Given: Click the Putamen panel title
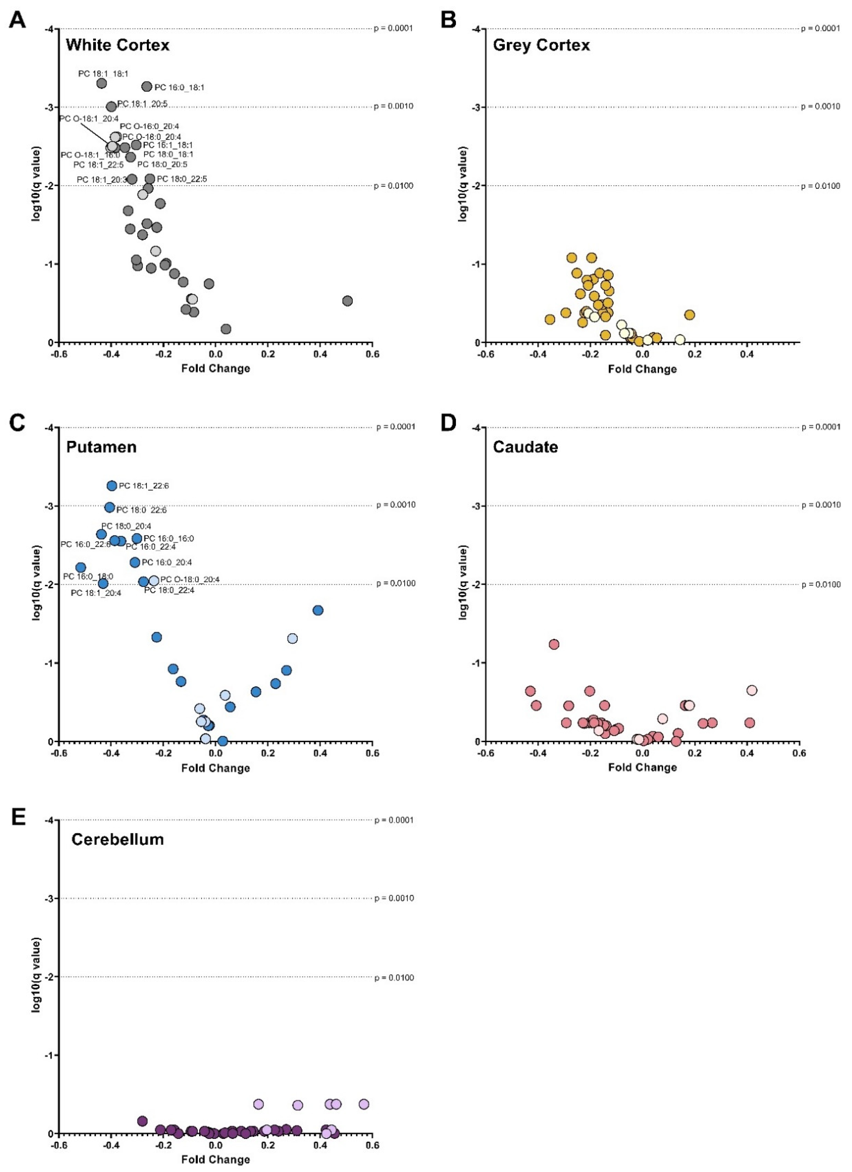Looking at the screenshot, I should point(101,446).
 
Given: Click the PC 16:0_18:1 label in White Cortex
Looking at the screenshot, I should point(179,87).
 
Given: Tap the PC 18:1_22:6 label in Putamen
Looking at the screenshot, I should point(144,486).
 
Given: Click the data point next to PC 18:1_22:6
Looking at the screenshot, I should point(112,486).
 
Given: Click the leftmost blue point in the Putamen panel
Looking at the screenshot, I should point(81,567).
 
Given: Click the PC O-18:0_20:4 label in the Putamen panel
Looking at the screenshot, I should point(190,579).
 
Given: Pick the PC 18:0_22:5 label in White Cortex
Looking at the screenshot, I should point(182,179).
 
